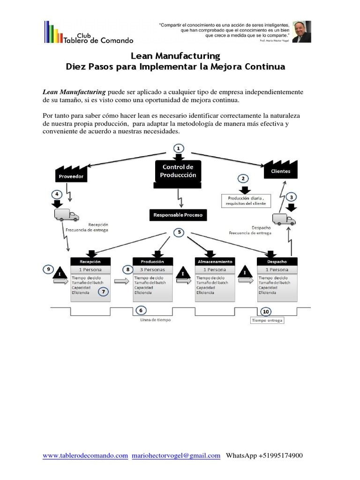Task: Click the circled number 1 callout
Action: pyautogui.click(x=178, y=148)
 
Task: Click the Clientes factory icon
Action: pyautogui.click(x=280, y=169)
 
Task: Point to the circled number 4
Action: pyautogui.click(x=57, y=194)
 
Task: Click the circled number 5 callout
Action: pyautogui.click(x=178, y=232)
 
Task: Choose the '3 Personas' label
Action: pyautogui.click(x=151, y=270)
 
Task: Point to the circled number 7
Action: pyautogui.click(x=103, y=292)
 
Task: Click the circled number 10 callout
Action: pyautogui.click(x=266, y=311)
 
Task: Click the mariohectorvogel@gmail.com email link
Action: pyautogui.click(x=176, y=455)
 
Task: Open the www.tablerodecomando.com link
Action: pyautogui.click(x=85, y=455)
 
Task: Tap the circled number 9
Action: pyautogui.click(x=48, y=269)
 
